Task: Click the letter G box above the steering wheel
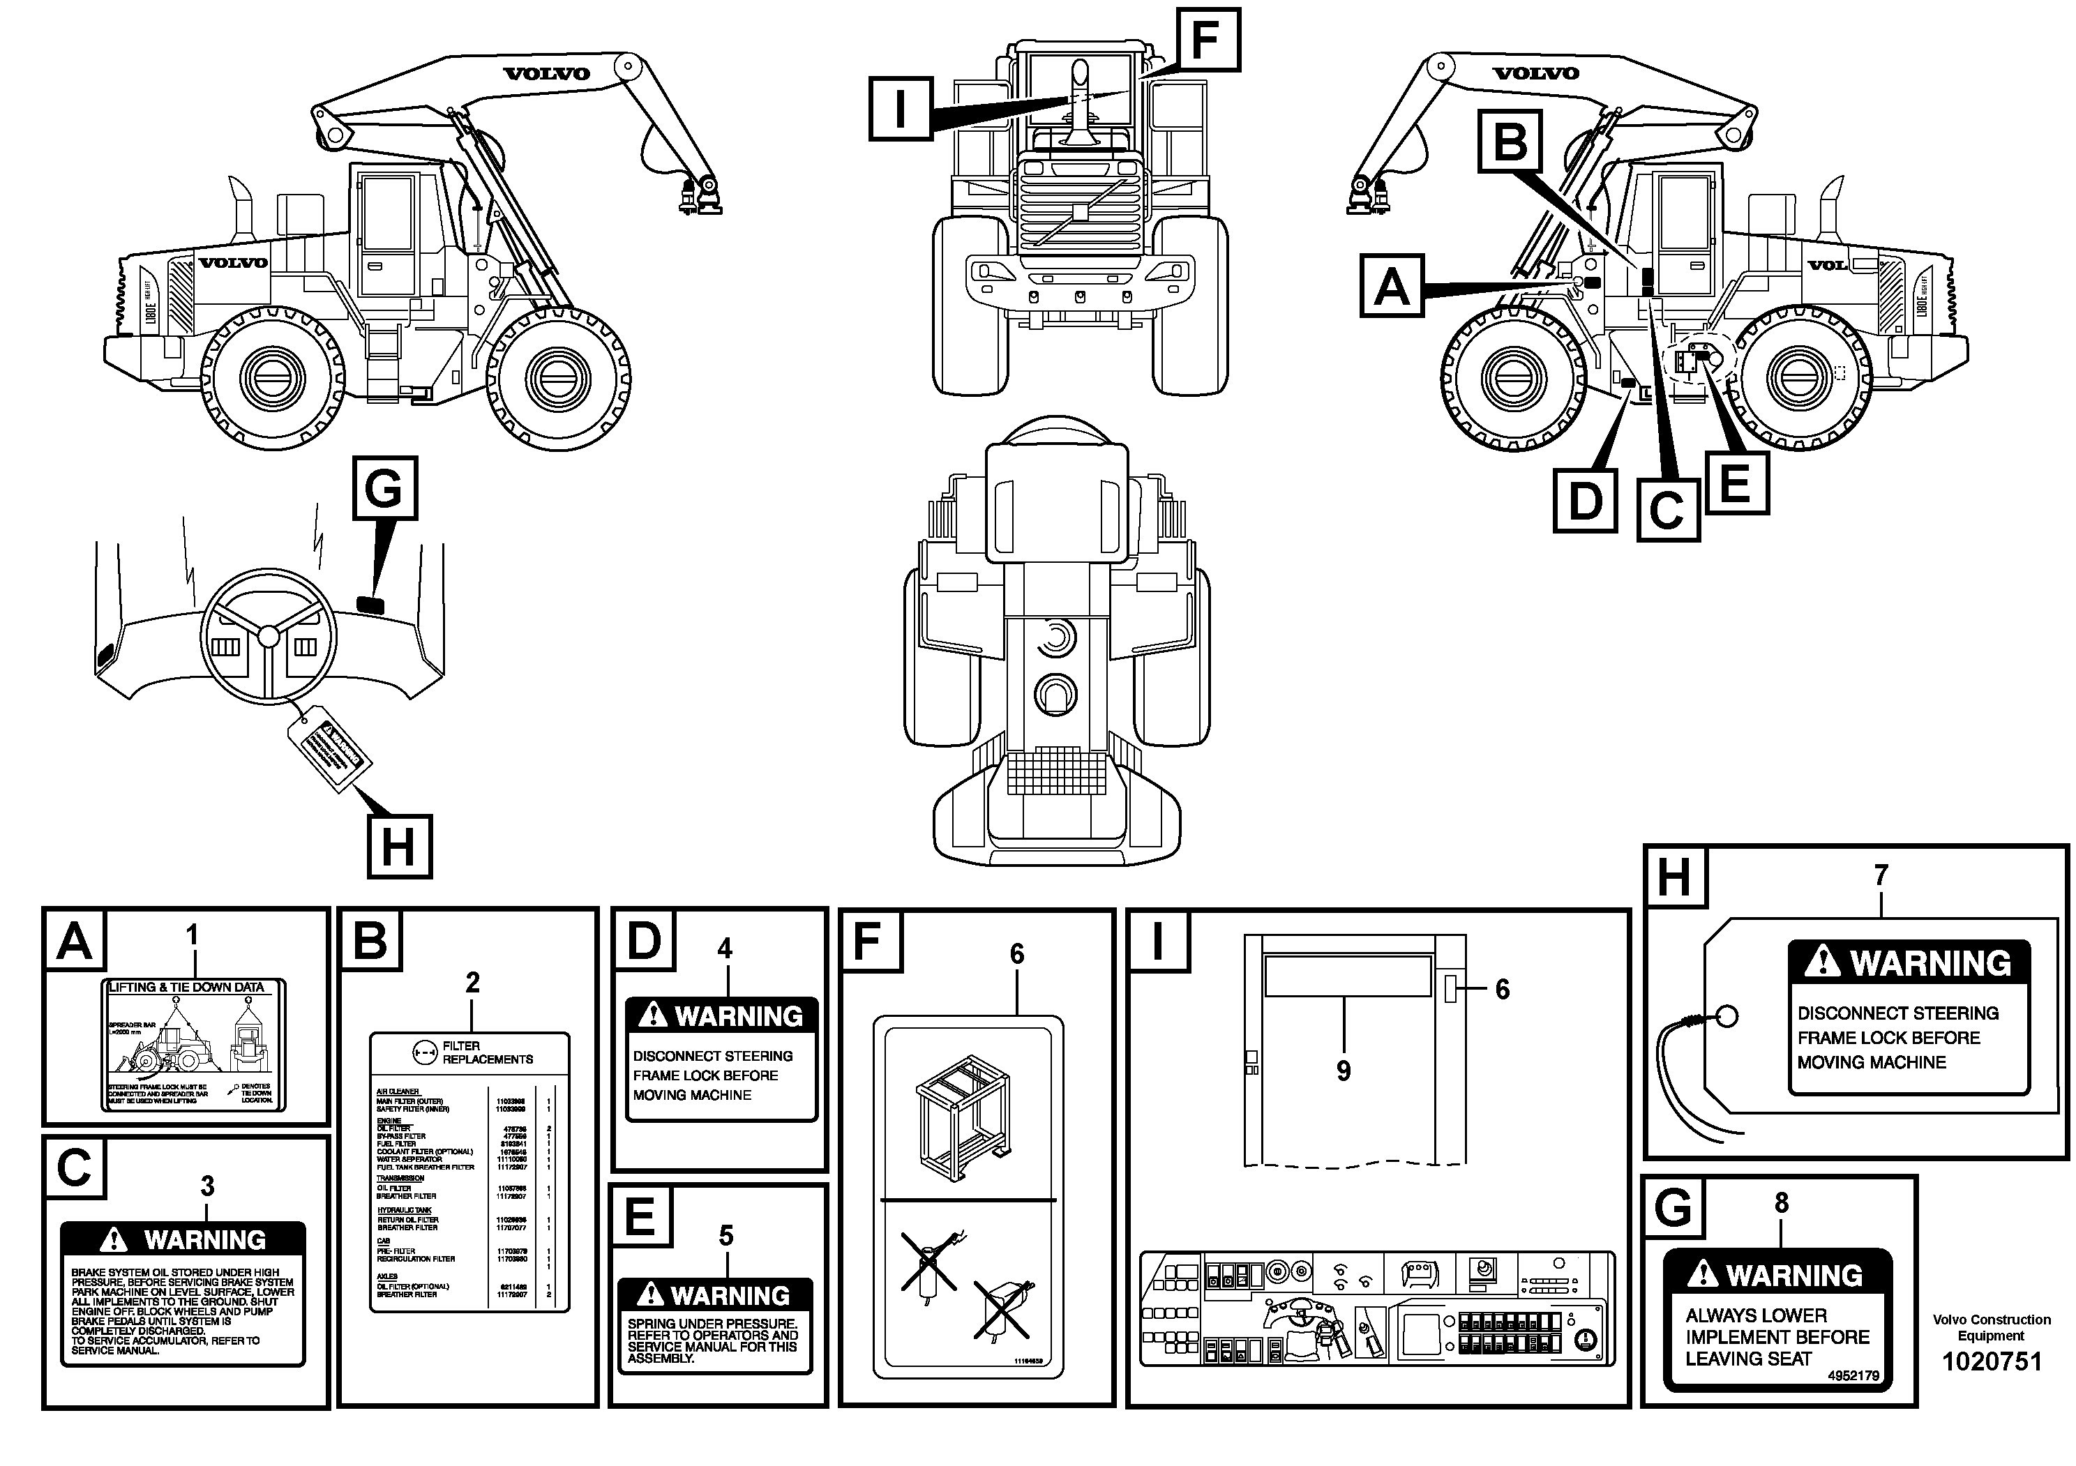[384, 488]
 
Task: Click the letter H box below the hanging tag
[399, 847]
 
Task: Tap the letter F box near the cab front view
[1207, 40]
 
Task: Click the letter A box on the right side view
[1392, 286]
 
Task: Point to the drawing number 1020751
[1992, 1362]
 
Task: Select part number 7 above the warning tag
[1881, 875]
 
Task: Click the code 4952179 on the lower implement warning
[1853, 1375]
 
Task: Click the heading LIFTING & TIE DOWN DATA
[186, 987]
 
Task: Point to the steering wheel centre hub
[269, 636]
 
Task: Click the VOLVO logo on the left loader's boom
[546, 73]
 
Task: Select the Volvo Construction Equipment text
[1991, 1327]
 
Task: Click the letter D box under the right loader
[1585, 500]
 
